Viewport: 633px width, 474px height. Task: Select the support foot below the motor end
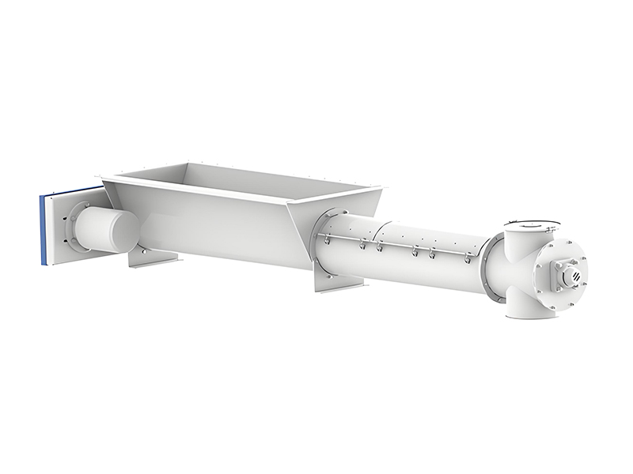point(154,258)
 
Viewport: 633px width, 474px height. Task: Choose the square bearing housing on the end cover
point(565,273)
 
